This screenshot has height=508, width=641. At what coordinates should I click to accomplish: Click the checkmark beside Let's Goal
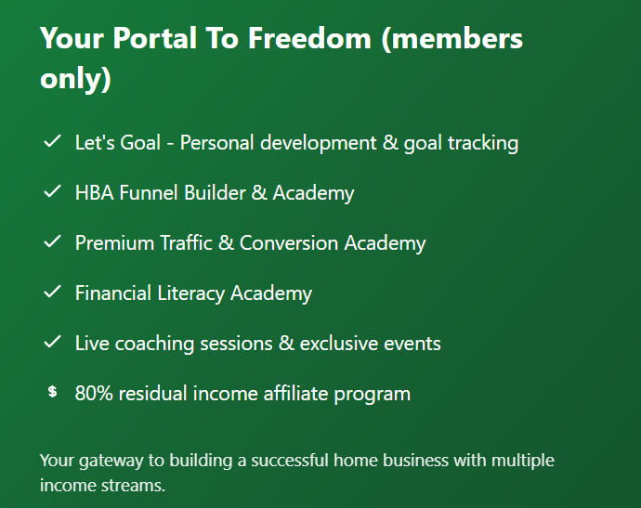(52, 143)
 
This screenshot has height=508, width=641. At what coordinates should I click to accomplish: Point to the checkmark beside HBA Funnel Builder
(52, 193)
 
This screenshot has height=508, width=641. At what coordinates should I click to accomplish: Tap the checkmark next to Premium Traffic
(52, 243)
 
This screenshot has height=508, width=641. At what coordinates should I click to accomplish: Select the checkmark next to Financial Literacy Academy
(52, 293)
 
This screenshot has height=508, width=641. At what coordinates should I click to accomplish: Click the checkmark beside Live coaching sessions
(52, 344)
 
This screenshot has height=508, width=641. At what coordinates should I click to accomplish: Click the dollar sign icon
(52, 393)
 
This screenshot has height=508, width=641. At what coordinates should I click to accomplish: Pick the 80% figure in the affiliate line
(93, 393)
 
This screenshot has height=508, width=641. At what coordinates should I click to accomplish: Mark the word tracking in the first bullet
(482, 143)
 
